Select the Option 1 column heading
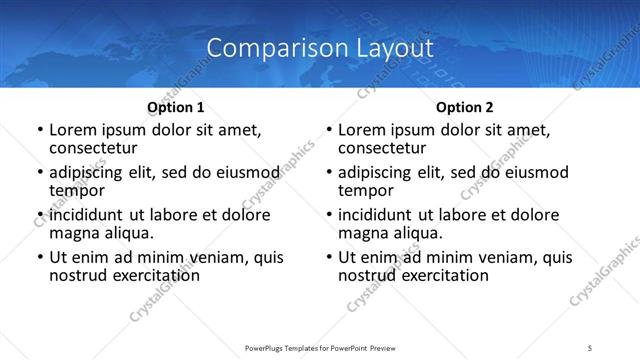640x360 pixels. point(176,106)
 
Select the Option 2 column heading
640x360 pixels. point(465,106)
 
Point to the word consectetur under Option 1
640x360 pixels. point(93,148)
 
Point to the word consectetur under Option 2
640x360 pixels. point(382,148)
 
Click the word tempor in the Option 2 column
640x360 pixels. point(366,190)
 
